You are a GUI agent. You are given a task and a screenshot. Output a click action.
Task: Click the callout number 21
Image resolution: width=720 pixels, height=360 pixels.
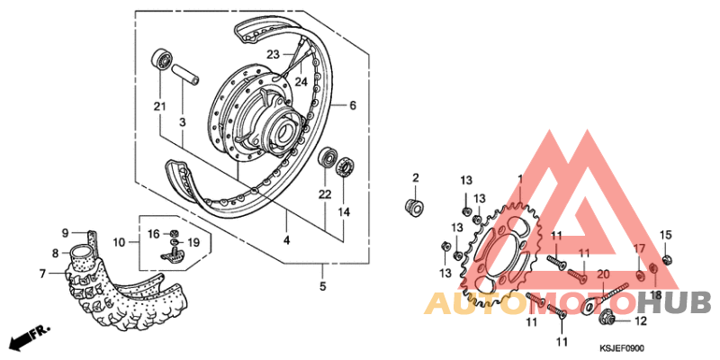159,108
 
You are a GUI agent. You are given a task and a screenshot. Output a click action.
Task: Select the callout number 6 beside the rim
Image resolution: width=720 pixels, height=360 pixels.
353,105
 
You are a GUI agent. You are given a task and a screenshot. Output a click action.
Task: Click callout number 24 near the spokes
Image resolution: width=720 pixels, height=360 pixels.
301,82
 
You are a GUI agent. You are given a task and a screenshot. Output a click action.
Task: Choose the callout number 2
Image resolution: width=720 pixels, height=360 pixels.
416,176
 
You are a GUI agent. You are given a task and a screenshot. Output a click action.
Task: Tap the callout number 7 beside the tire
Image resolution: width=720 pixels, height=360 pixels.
42,273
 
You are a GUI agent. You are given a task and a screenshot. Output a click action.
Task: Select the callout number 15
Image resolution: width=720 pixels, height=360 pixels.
666,236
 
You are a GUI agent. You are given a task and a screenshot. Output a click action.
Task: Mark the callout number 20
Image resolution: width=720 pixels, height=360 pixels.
603,274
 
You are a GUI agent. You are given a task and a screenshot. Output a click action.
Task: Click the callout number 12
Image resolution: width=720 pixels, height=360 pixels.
640,320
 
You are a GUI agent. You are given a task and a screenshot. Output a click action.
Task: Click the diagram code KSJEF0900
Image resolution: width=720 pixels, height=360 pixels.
622,348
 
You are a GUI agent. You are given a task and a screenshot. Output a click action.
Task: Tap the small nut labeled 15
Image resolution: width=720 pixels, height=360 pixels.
665,260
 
